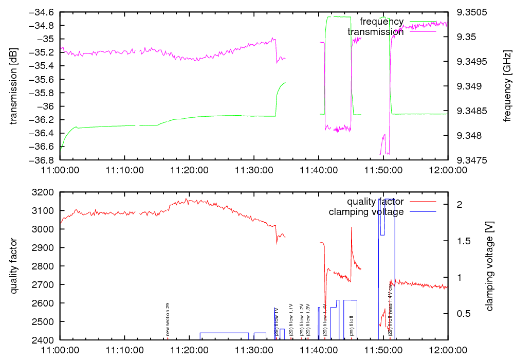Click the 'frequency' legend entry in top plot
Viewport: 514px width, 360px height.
pyautogui.click(x=381, y=21)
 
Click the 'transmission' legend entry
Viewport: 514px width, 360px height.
pyautogui.click(x=375, y=31)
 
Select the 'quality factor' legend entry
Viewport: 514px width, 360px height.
pyautogui.click(x=375, y=201)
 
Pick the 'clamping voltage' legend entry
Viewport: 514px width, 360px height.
pyautogui.click(x=366, y=211)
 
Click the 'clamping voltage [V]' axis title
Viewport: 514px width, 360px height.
pyautogui.click(x=489, y=265)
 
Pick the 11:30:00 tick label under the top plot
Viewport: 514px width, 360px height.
pyautogui.click(x=254, y=169)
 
